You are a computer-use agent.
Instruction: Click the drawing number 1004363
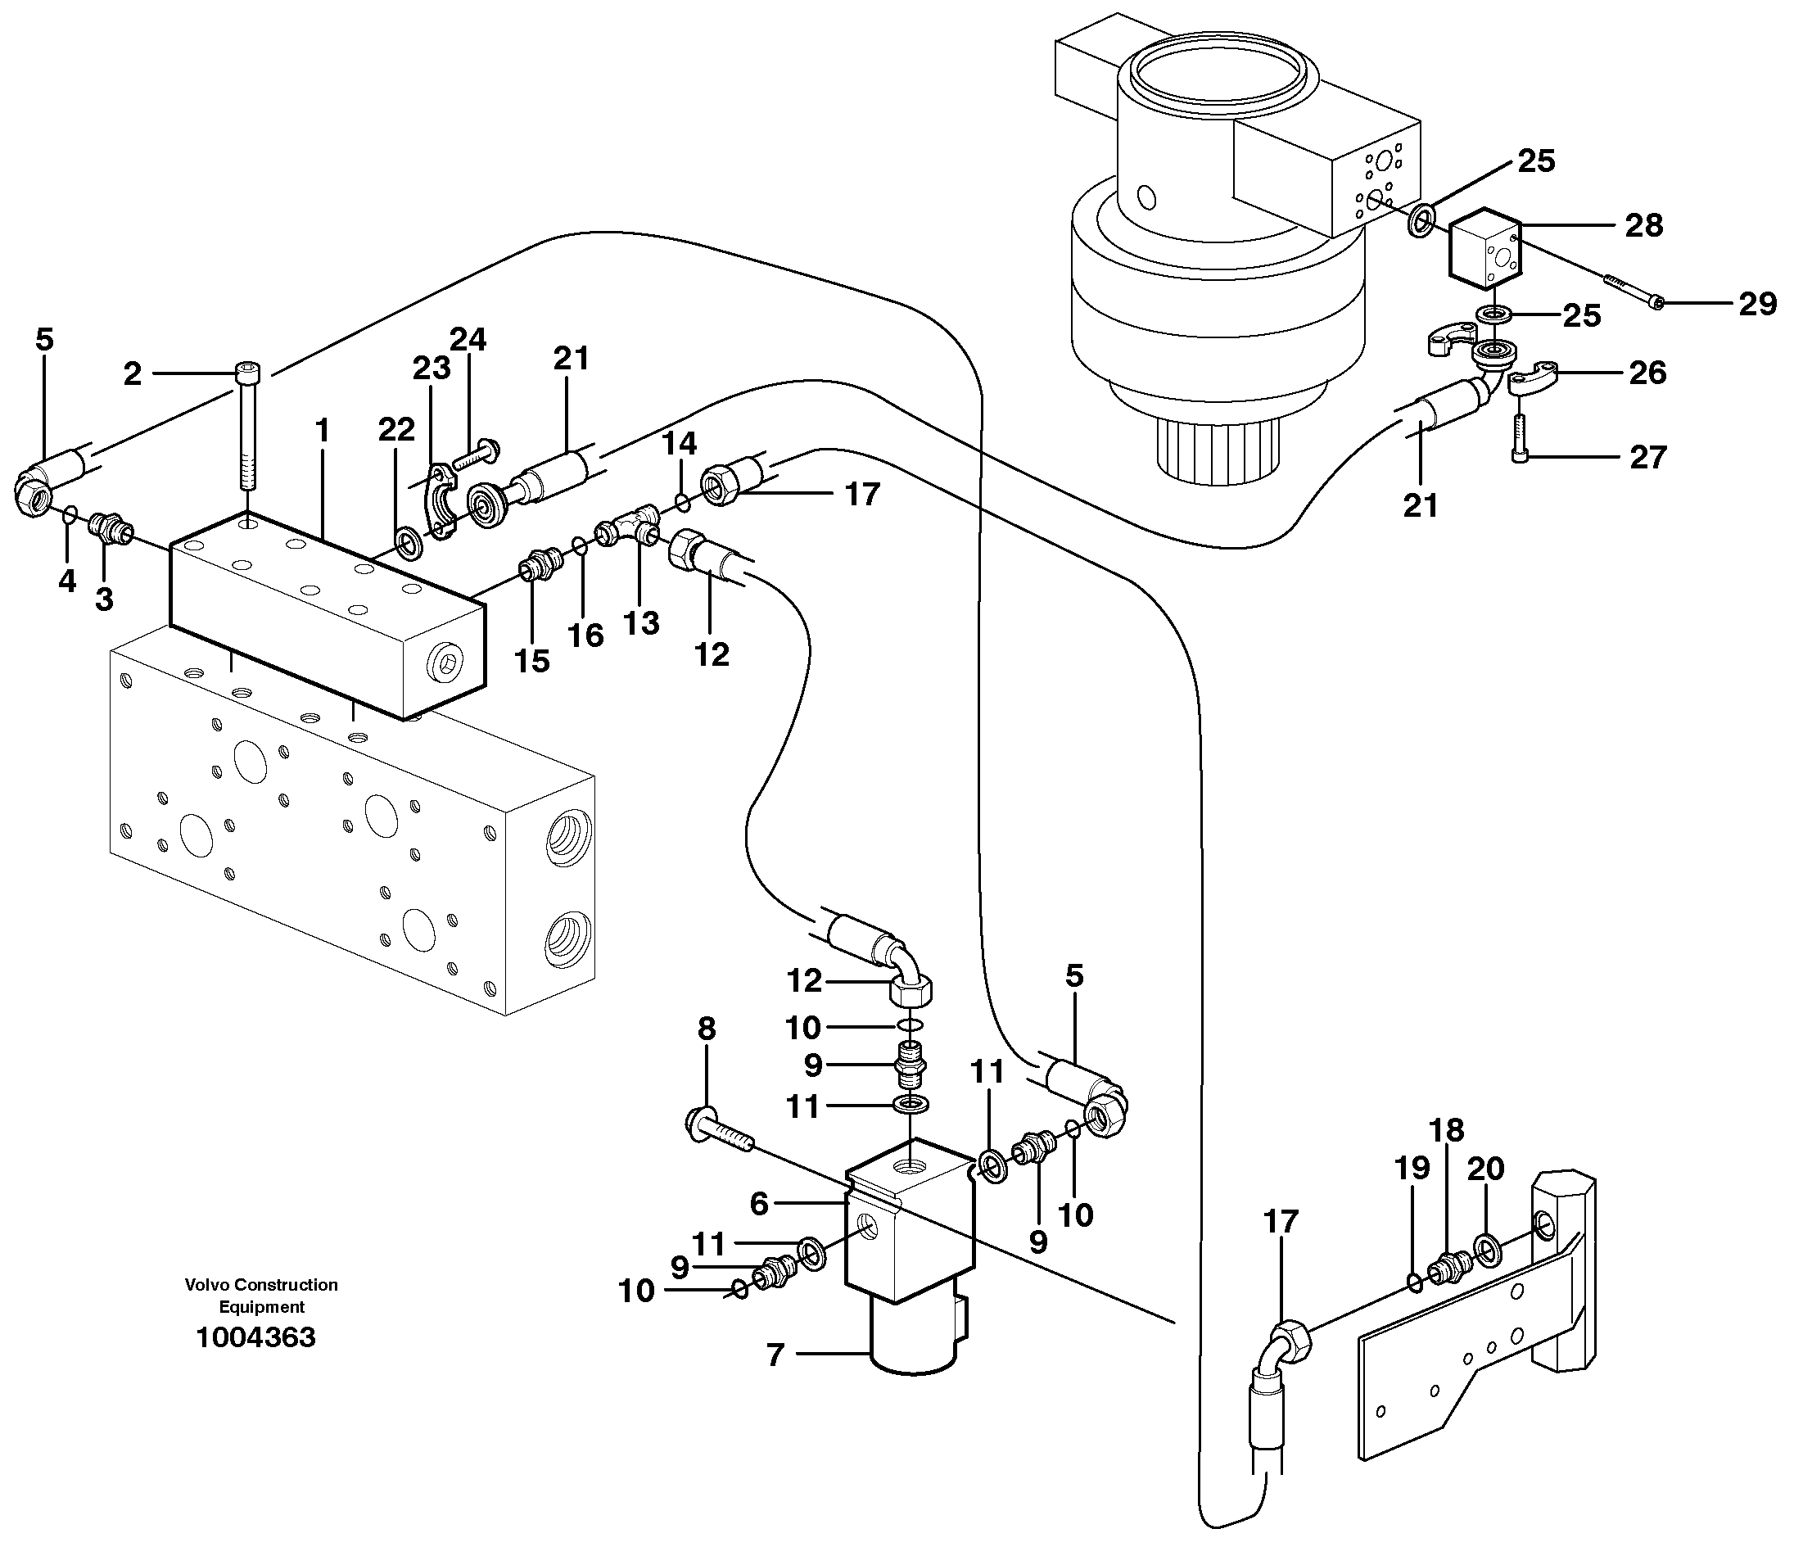pos(255,1337)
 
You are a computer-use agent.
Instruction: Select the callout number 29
pos(1758,304)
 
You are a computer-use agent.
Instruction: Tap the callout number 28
pos(1643,225)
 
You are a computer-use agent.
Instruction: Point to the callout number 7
pos(775,1355)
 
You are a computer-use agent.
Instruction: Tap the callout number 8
pos(706,1029)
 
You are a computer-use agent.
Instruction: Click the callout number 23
pos(432,369)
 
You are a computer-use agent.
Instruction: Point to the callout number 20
pos(1486,1168)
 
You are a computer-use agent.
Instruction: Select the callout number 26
pos(1647,373)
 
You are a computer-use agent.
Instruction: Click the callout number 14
pos(679,444)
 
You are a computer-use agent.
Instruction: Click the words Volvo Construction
pos(260,1285)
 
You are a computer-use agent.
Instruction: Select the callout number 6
pos(758,1204)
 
